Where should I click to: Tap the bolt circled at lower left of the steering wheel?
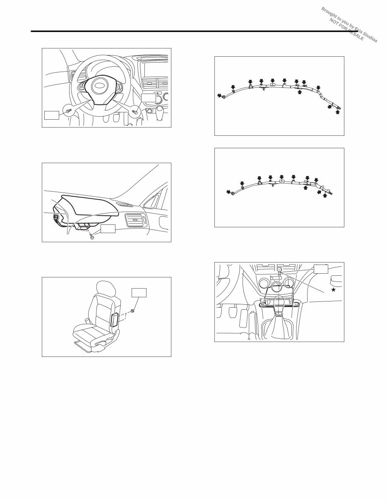tap(69, 111)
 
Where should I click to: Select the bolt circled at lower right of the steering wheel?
tap(135, 111)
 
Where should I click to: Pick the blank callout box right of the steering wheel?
tap(149, 98)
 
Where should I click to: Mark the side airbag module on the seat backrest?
tap(115, 321)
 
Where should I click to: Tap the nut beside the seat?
tap(132, 311)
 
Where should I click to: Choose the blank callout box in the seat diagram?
tap(139, 293)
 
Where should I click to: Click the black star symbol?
tap(333, 290)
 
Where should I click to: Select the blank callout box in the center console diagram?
tap(321, 269)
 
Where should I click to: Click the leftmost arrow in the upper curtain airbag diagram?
tap(220, 96)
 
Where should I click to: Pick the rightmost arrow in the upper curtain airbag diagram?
tap(338, 112)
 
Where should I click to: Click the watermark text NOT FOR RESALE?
tap(347, 30)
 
